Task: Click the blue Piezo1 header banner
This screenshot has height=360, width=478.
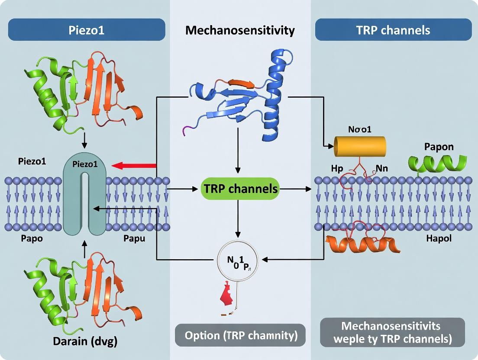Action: click(87, 30)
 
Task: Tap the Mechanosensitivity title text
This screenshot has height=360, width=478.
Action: click(240, 30)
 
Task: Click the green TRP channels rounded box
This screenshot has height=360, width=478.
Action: click(240, 189)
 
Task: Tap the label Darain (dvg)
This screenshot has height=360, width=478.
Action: click(85, 341)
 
